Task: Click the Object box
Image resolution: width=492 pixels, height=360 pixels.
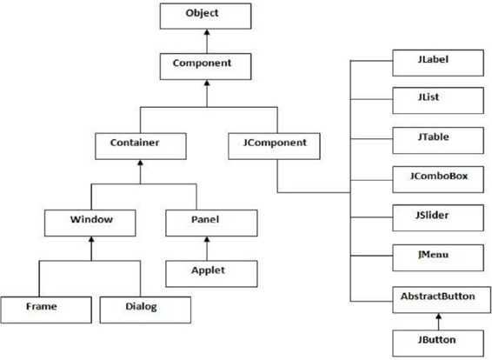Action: tap(205, 16)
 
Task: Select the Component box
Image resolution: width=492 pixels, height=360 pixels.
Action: tap(205, 66)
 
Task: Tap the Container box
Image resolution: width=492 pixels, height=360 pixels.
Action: tap(141, 146)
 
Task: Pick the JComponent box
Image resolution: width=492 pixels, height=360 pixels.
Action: tap(274, 146)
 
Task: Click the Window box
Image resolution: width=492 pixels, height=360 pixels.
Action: tap(90, 223)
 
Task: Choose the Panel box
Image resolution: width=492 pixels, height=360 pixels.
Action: tap(211, 223)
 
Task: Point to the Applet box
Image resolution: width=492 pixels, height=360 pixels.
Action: tap(211, 274)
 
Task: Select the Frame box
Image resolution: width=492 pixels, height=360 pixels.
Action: tap(46, 310)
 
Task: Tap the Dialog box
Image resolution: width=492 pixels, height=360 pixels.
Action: tap(145, 310)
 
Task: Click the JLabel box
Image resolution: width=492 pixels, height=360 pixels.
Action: tap(438, 63)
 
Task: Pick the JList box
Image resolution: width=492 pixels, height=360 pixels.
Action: tap(438, 101)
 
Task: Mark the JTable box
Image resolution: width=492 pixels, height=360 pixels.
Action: tap(438, 140)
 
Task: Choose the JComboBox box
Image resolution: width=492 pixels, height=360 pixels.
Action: tap(438, 179)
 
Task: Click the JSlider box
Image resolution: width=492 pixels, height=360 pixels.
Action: tap(438, 217)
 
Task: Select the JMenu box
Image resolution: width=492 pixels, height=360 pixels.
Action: tap(438, 257)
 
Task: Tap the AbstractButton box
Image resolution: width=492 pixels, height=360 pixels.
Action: tap(442, 300)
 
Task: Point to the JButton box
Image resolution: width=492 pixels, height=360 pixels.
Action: tap(438, 343)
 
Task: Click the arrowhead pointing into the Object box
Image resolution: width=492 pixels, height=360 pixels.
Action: tap(207, 32)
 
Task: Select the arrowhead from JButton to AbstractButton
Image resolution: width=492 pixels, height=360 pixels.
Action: tap(439, 316)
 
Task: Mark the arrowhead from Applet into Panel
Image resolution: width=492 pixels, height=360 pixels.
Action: tap(207, 239)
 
